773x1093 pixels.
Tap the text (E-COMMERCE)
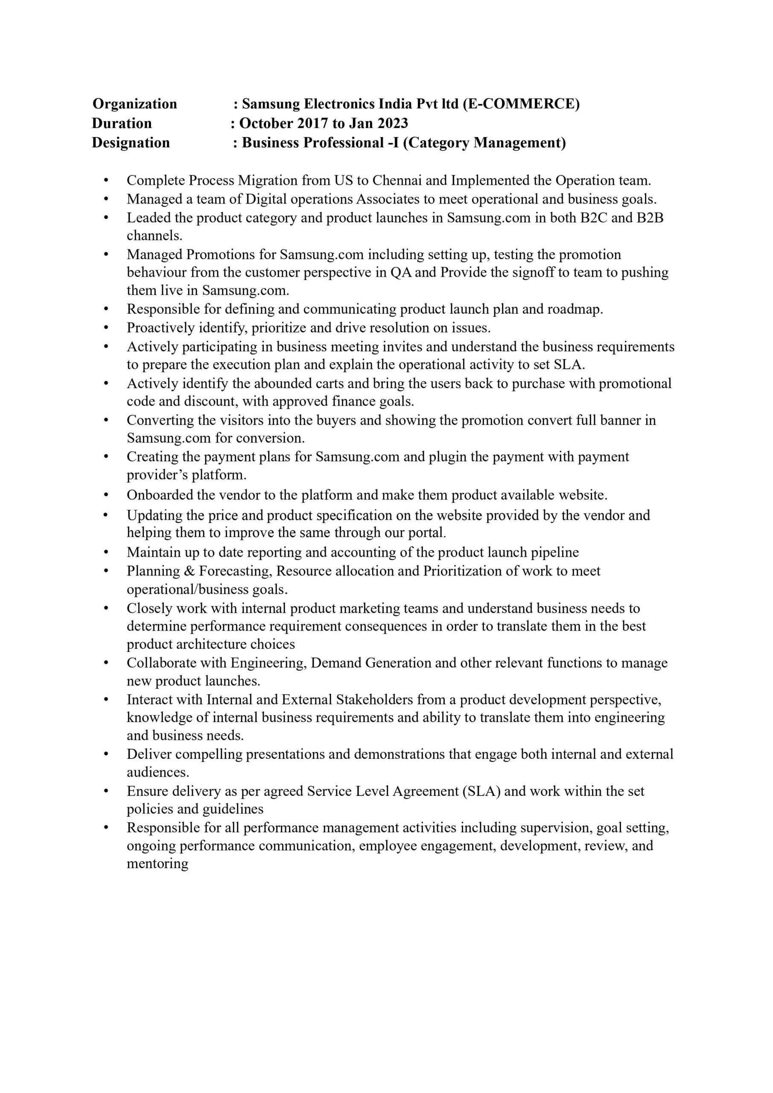tap(521, 104)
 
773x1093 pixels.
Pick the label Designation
tap(131, 143)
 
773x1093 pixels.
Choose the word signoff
tap(529, 273)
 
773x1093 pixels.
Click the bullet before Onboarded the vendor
tap(106, 496)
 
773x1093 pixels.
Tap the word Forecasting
tap(235, 571)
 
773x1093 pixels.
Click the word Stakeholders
tap(374, 700)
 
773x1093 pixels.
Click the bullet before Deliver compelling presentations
tap(106, 754)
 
